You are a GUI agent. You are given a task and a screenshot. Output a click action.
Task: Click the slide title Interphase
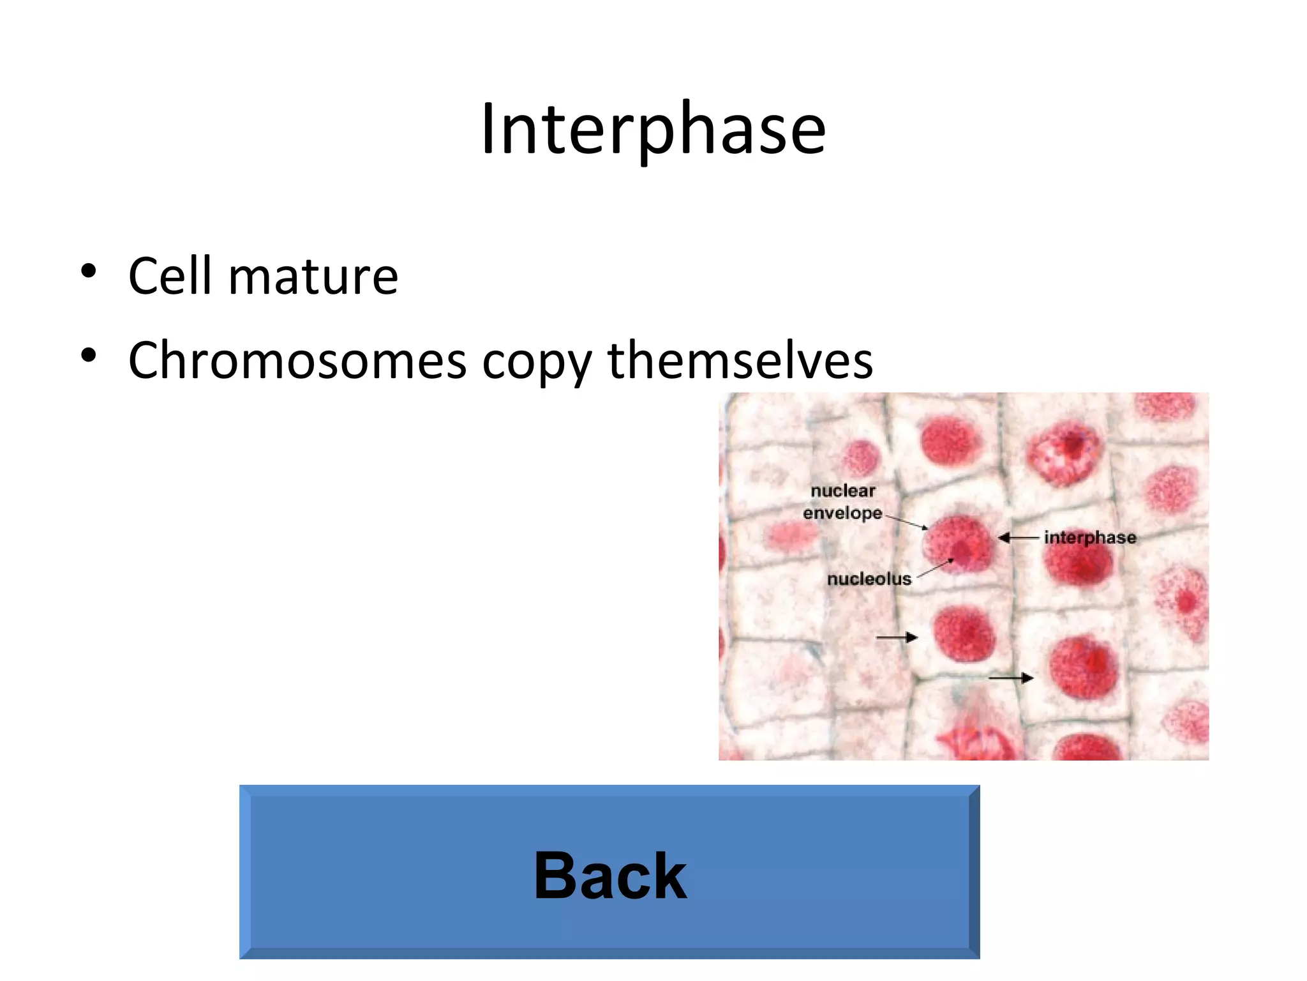(x=653, y=130)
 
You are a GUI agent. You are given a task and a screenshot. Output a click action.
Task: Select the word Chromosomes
(x=297, y=361)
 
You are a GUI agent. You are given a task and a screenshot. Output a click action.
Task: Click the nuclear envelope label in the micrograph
(x=842, y=502)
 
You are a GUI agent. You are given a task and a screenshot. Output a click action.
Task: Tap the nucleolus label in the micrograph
(x=869, y=579)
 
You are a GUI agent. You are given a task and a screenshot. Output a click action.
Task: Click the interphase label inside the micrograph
(x=1090, y=538)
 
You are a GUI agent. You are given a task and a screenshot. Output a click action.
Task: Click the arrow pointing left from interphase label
(x=1017, y=538)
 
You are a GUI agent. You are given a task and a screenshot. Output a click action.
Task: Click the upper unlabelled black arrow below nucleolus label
(x=896, y=637)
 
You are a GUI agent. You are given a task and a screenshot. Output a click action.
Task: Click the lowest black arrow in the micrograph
(x=1010, y=678)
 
